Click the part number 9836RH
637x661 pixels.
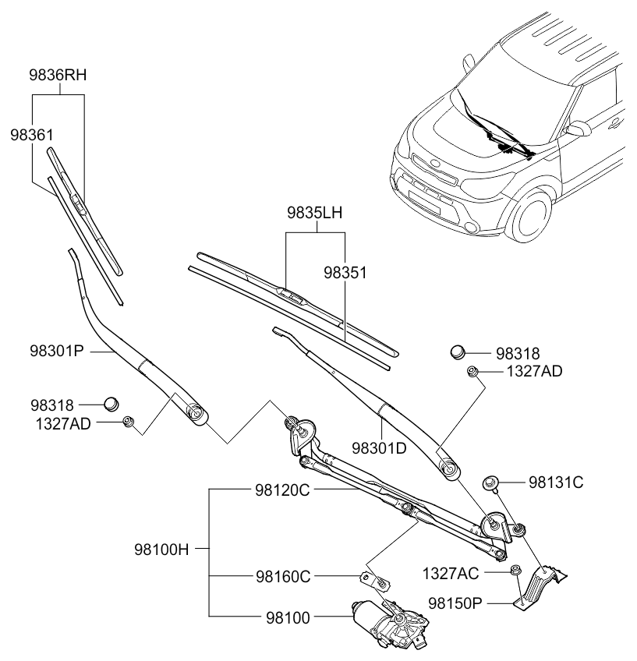click(58, 75)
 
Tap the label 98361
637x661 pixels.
click(32, 135)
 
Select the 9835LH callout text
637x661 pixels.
click(314, 213)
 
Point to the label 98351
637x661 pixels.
click(345, 273)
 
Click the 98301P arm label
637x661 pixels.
click(57, 351)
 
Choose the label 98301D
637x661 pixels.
click(380, 448)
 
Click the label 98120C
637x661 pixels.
click(282, 490)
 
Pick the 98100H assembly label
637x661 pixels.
click(161, 550)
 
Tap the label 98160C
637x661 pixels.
click(283, 577)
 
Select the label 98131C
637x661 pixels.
click(556, 482)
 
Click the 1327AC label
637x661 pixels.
click(451, 574)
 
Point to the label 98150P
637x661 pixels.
click(455, 603)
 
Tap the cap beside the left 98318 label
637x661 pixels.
click(111, 404)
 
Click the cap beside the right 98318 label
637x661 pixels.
click(458, 351)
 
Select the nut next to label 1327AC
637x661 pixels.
click(515, 571)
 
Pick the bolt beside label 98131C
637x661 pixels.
click(490, 482)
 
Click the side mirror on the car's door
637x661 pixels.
click(579, 128)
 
